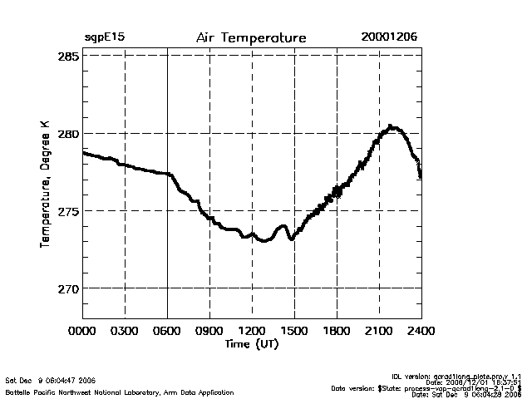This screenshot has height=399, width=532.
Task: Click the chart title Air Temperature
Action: click(x=251, y=38)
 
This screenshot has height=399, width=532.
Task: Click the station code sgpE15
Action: click(x=104, y=38)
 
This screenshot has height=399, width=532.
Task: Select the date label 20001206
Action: click(x=389, y=38)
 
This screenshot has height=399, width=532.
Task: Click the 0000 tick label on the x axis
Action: click(x=83, y=332)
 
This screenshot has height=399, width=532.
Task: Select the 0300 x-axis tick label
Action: click(x=125, y=332)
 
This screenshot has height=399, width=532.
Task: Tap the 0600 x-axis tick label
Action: click(x=167, y=332)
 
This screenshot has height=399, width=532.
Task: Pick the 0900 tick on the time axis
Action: click(x=209, y=332)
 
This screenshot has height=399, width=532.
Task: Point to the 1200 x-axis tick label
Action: click(x=252, y=332)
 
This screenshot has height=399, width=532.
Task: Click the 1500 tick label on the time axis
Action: click(x=294, y=332)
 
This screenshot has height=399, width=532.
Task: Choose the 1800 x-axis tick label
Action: click(x=337, y=332)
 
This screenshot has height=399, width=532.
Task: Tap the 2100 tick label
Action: click(x=379, y=332)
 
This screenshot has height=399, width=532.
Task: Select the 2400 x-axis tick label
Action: click(x=421, y=332)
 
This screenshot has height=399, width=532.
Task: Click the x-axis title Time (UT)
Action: click(x=251, y=344)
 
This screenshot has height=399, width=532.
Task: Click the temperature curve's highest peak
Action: click(x=392, y=127)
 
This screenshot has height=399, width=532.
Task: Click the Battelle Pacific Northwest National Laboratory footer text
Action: click(x=119, y=392)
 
